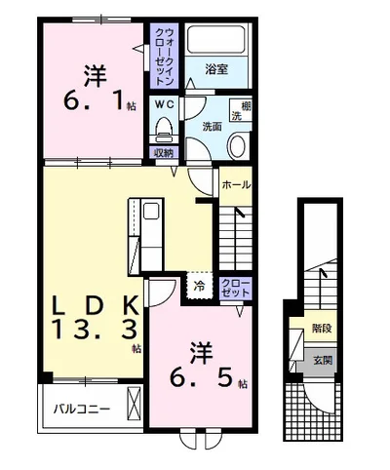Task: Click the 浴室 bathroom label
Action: pos(216,69)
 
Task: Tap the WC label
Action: pos(164,104)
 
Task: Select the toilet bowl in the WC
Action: pos(164,130)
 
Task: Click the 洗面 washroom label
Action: pos(213,127)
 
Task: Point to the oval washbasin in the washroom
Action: pos(238,146)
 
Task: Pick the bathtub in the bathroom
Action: pos(215,39)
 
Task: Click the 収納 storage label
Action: pos(164,153)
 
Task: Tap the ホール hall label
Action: pos(236,185)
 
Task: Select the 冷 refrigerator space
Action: pos(200,286)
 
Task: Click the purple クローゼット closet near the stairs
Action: pos(236,288)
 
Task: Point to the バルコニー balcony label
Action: pos(82,409)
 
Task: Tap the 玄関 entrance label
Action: pos(323,360)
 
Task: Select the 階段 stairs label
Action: pos(322,329)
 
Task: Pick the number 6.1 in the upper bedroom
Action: pos(94,100)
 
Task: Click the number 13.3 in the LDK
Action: pos(96,330)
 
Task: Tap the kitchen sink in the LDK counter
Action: pos(152,211)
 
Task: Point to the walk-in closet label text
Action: pos(164,56)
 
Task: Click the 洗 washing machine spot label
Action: pos(236,116)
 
